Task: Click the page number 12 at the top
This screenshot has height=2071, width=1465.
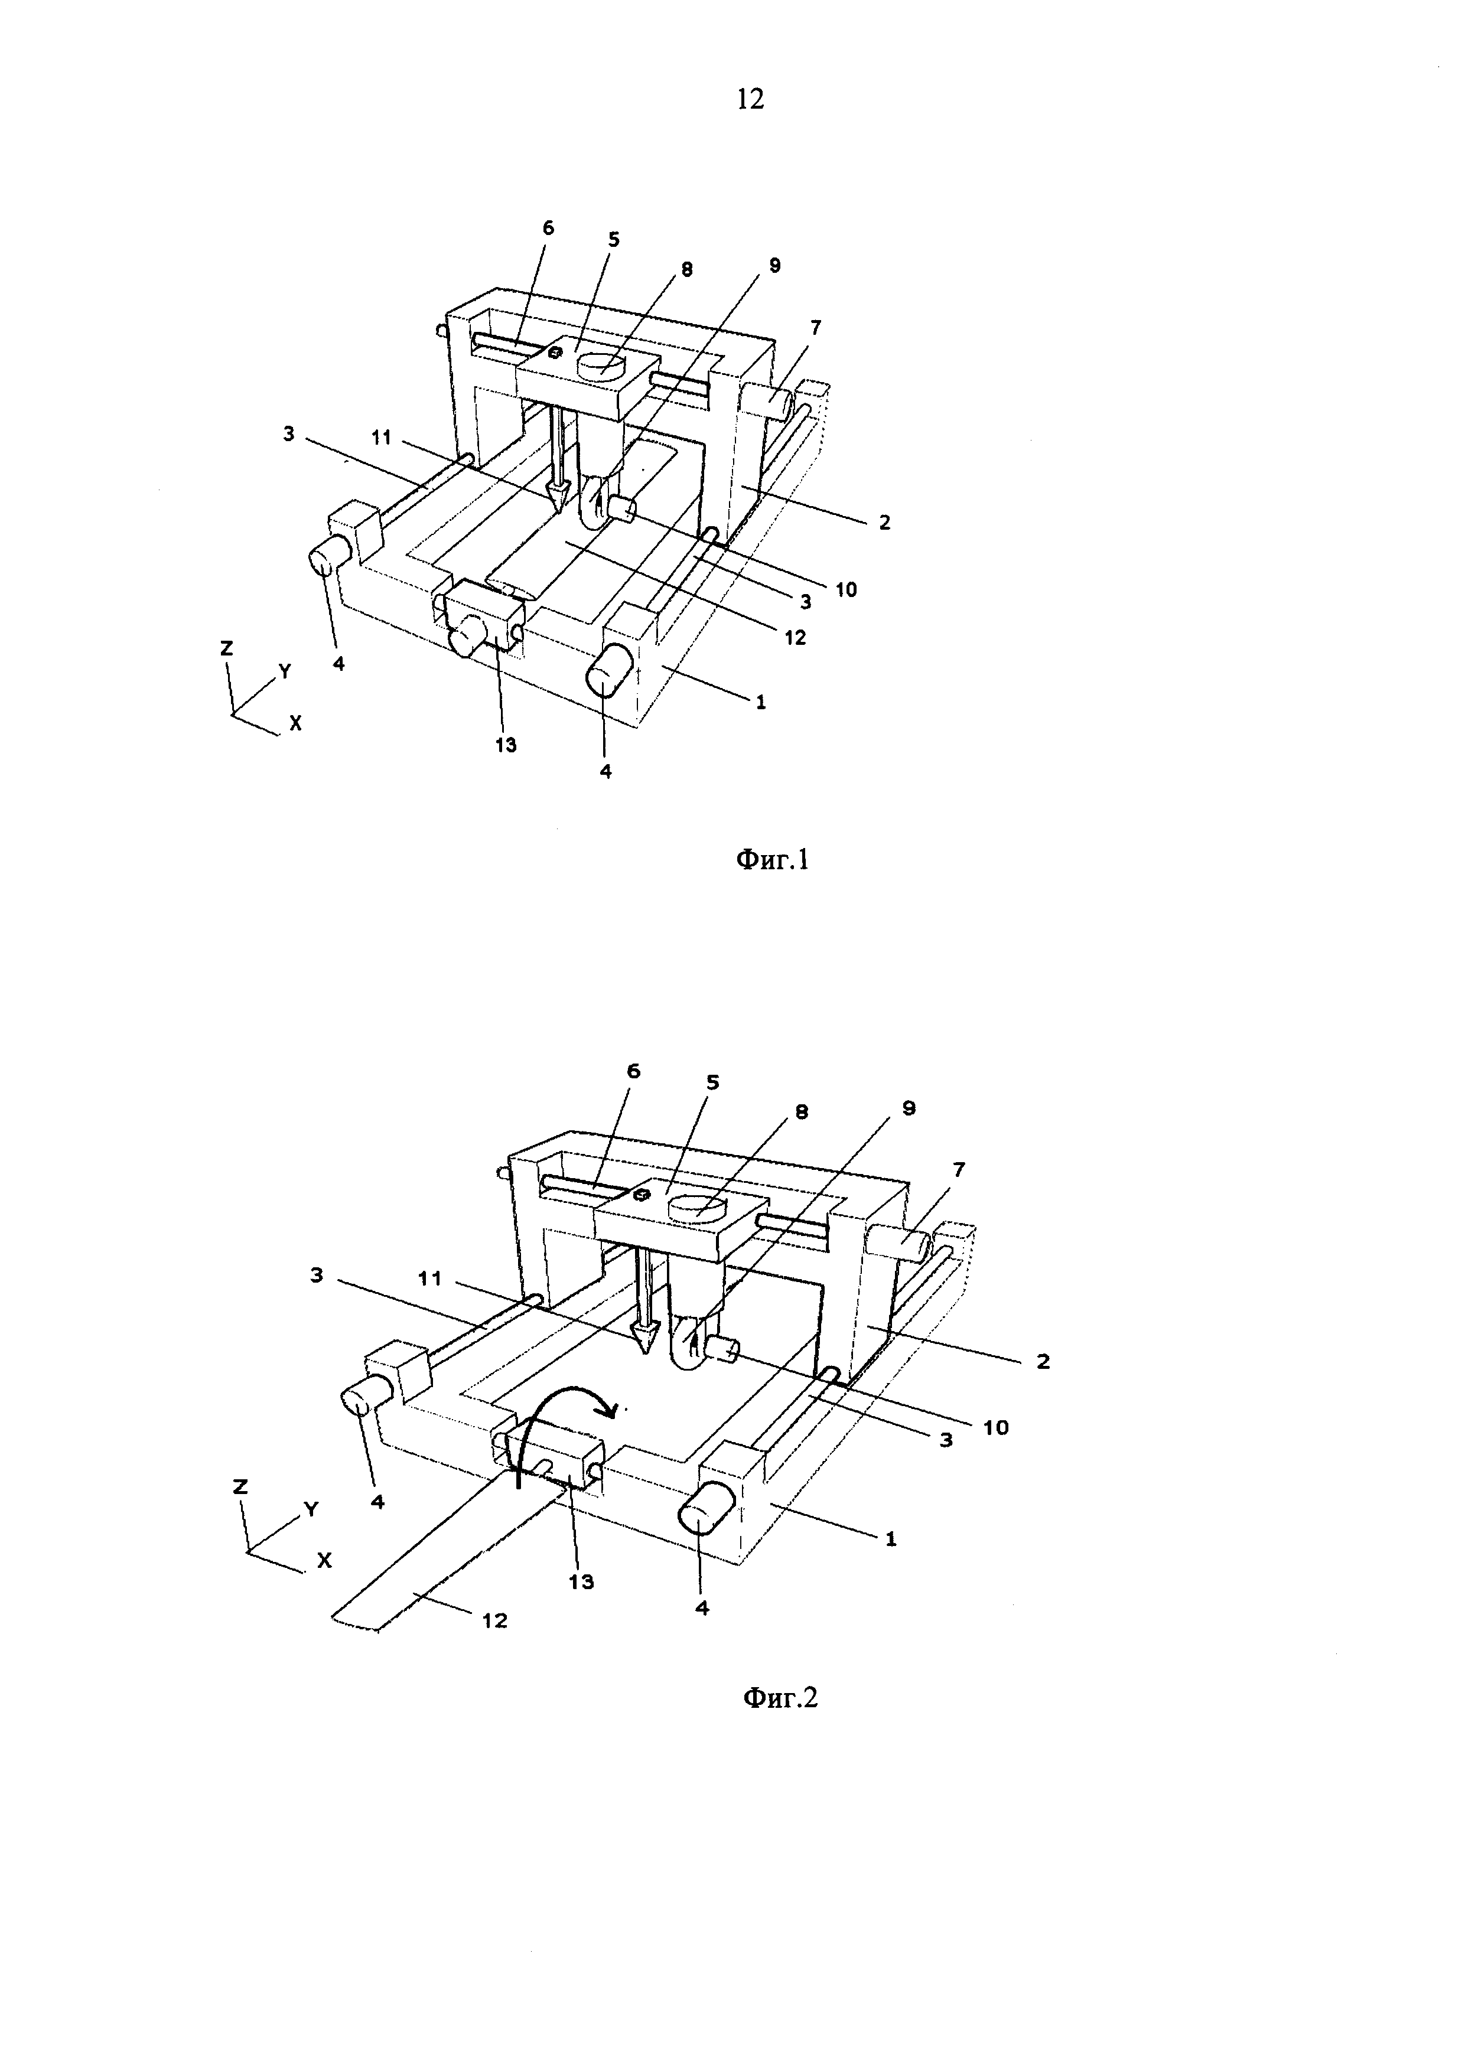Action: point(751,99)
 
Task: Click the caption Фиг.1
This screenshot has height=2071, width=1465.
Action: point(773,860)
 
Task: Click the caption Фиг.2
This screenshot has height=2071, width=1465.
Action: point(780,1698)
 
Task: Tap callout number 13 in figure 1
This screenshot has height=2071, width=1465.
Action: point(506,745)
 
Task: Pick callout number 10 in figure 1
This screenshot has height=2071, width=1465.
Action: point(845,590)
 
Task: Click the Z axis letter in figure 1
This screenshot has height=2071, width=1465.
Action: point(227,648)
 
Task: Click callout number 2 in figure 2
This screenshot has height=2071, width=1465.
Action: point(1044,1362)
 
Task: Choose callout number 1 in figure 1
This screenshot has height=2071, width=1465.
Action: point(760,701)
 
